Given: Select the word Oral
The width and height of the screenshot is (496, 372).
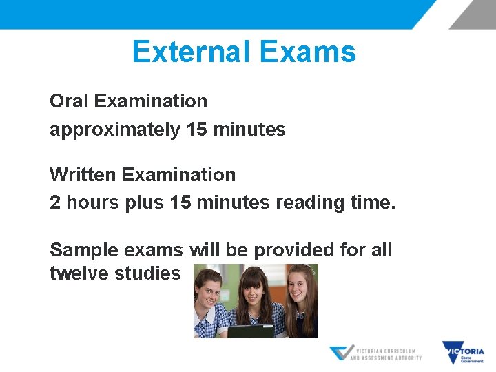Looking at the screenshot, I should [70, 101].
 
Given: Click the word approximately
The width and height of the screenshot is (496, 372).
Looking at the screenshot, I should [114, 130].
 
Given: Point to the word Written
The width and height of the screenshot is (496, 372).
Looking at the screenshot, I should [83, 175].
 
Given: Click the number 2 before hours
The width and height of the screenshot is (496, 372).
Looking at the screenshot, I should [54, 203].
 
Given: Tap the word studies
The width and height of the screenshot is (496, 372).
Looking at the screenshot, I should [147, 273].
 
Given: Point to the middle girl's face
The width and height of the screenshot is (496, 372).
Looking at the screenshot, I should [255, 288].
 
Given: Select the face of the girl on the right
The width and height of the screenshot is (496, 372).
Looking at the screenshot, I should [296, 284].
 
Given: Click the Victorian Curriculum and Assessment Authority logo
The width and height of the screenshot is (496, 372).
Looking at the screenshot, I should [375, 353].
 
